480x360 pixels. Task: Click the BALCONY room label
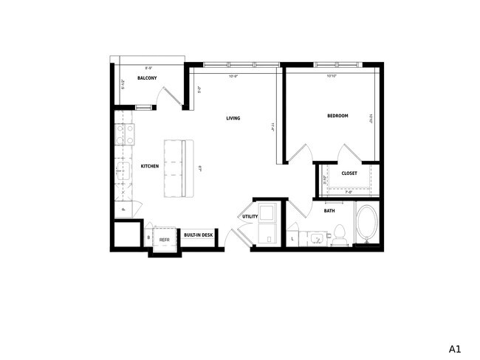coord(146,78)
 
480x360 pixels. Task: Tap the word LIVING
coord(233,118)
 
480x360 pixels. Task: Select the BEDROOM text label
coord(337,116)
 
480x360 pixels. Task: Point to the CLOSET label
coord(349,173)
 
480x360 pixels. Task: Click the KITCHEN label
coord(150,166)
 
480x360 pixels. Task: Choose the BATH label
coord(329,211)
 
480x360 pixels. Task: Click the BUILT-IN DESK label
coord(198,235)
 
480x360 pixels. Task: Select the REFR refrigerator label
coord(165,239)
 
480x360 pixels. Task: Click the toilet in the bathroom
coord(340,235)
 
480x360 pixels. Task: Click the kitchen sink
coord(122,175)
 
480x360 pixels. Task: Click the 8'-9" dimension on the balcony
coord(148,69)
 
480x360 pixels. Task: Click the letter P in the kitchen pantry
coord(123,210)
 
